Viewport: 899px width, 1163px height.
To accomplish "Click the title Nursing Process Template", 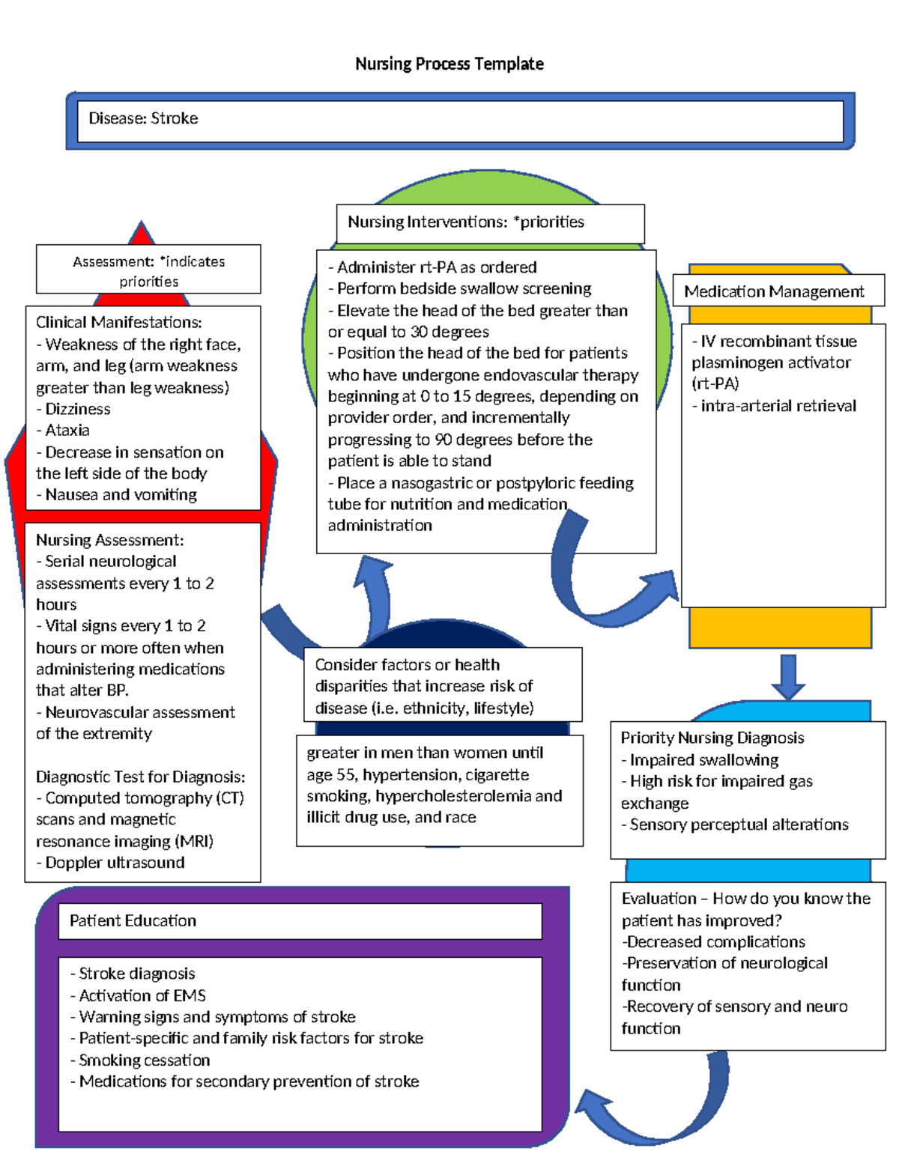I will [x=449, y=64].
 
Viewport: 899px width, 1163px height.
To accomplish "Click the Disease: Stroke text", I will [x=143, y=118].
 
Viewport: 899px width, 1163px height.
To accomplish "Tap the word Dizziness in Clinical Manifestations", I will [x=78, y=409].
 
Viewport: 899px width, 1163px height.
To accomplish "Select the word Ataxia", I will [x=67, y=430].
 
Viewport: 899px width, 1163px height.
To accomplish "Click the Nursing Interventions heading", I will [x=465, y=222].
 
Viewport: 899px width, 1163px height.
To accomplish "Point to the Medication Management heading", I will [x=774, y=291].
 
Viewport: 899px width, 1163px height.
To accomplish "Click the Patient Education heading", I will [x=133, y=920].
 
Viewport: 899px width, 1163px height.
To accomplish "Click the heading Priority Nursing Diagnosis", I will [x=712, y=738].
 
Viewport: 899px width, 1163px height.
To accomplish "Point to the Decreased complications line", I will [x=715, y=941].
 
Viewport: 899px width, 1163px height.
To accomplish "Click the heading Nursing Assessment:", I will [x=109, y=540].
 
